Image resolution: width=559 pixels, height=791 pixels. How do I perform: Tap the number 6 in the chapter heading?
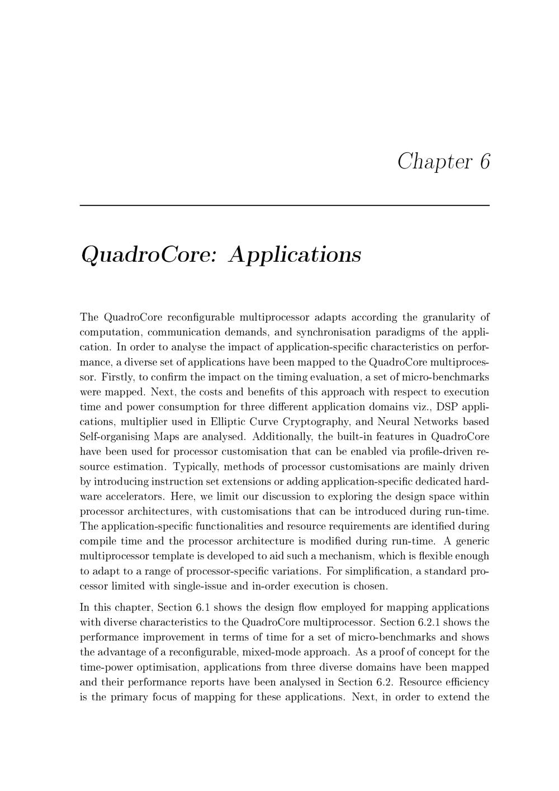point(484,162)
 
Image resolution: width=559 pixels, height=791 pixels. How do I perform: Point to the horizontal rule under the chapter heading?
point(285,205)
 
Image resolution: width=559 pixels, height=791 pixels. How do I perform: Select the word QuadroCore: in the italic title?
point(148,255)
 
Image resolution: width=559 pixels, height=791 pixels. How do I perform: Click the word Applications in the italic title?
point(295,255)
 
